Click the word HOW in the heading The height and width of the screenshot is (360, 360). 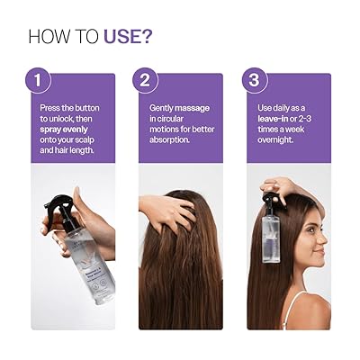tap(49, 37)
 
